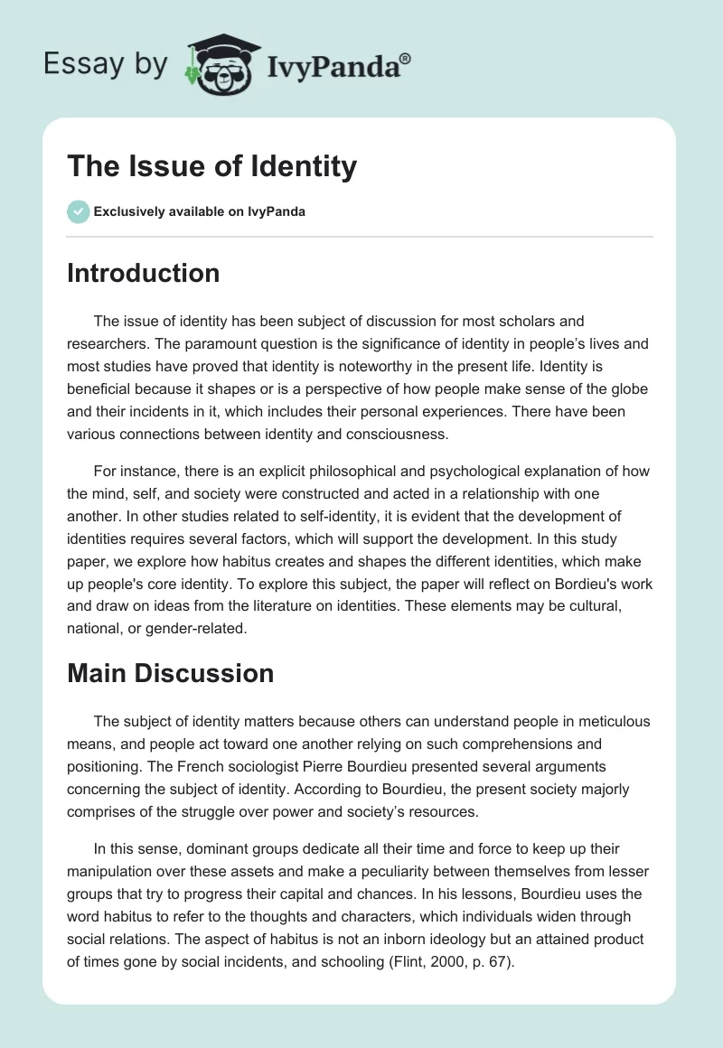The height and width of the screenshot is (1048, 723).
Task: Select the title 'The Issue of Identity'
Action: coord(211,166)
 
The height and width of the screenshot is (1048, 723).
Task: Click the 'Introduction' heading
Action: coord(143,273)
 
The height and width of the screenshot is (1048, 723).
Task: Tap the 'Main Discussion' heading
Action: coord(170,673)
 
